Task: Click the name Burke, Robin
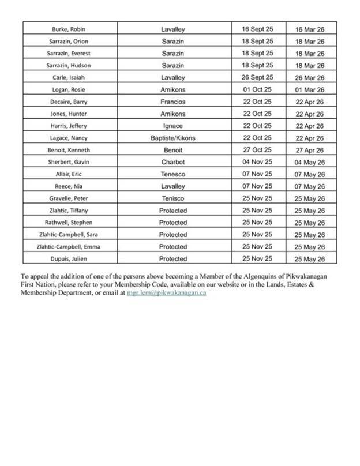click(x=69, y=29)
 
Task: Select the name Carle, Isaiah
click(x=69, y=77)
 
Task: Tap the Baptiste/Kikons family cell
click(x=173, y=138)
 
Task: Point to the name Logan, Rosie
click(x=69, y=89)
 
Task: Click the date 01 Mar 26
click(x=310, y=90)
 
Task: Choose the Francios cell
click(x=173, y=102)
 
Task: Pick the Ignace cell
click(x=173, y=126)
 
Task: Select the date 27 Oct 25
click(x=257, y=150)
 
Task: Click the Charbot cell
click(x=173, y=162)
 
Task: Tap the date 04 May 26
click(x=310, y=163)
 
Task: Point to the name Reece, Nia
click(x=69, y=186)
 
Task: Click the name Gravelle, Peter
click(x=69, y=198)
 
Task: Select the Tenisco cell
click(x=173, y=198)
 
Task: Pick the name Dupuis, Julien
click(x=69, y=259)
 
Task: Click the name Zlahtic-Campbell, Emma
click(x=69, y=247)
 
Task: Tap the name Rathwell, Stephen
click(x=69, y=223)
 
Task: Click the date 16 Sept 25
click(x=257, y=28)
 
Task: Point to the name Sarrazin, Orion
click(x=69, y=41)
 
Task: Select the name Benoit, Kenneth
click(x=69, y=150)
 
